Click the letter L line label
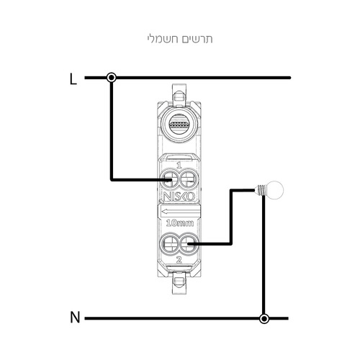click(73, 79)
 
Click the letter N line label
click(75, 318)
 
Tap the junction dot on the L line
click(112, 78)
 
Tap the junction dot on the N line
click(264, 319)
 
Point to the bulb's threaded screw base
click(260, 190)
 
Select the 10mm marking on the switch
click(180, 223)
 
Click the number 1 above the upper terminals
click(179, 166)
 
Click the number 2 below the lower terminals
click(179, 260)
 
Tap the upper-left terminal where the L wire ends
click(169, 180)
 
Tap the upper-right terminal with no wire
click(189, 180)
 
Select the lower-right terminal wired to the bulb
click(189, 244)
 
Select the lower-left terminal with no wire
click(169, 244)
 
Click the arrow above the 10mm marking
click(181, 212)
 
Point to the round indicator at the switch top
click(179, 125)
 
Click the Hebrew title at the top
click(180, 39)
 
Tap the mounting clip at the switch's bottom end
click(179, 285)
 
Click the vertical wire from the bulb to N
click(264, 255)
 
